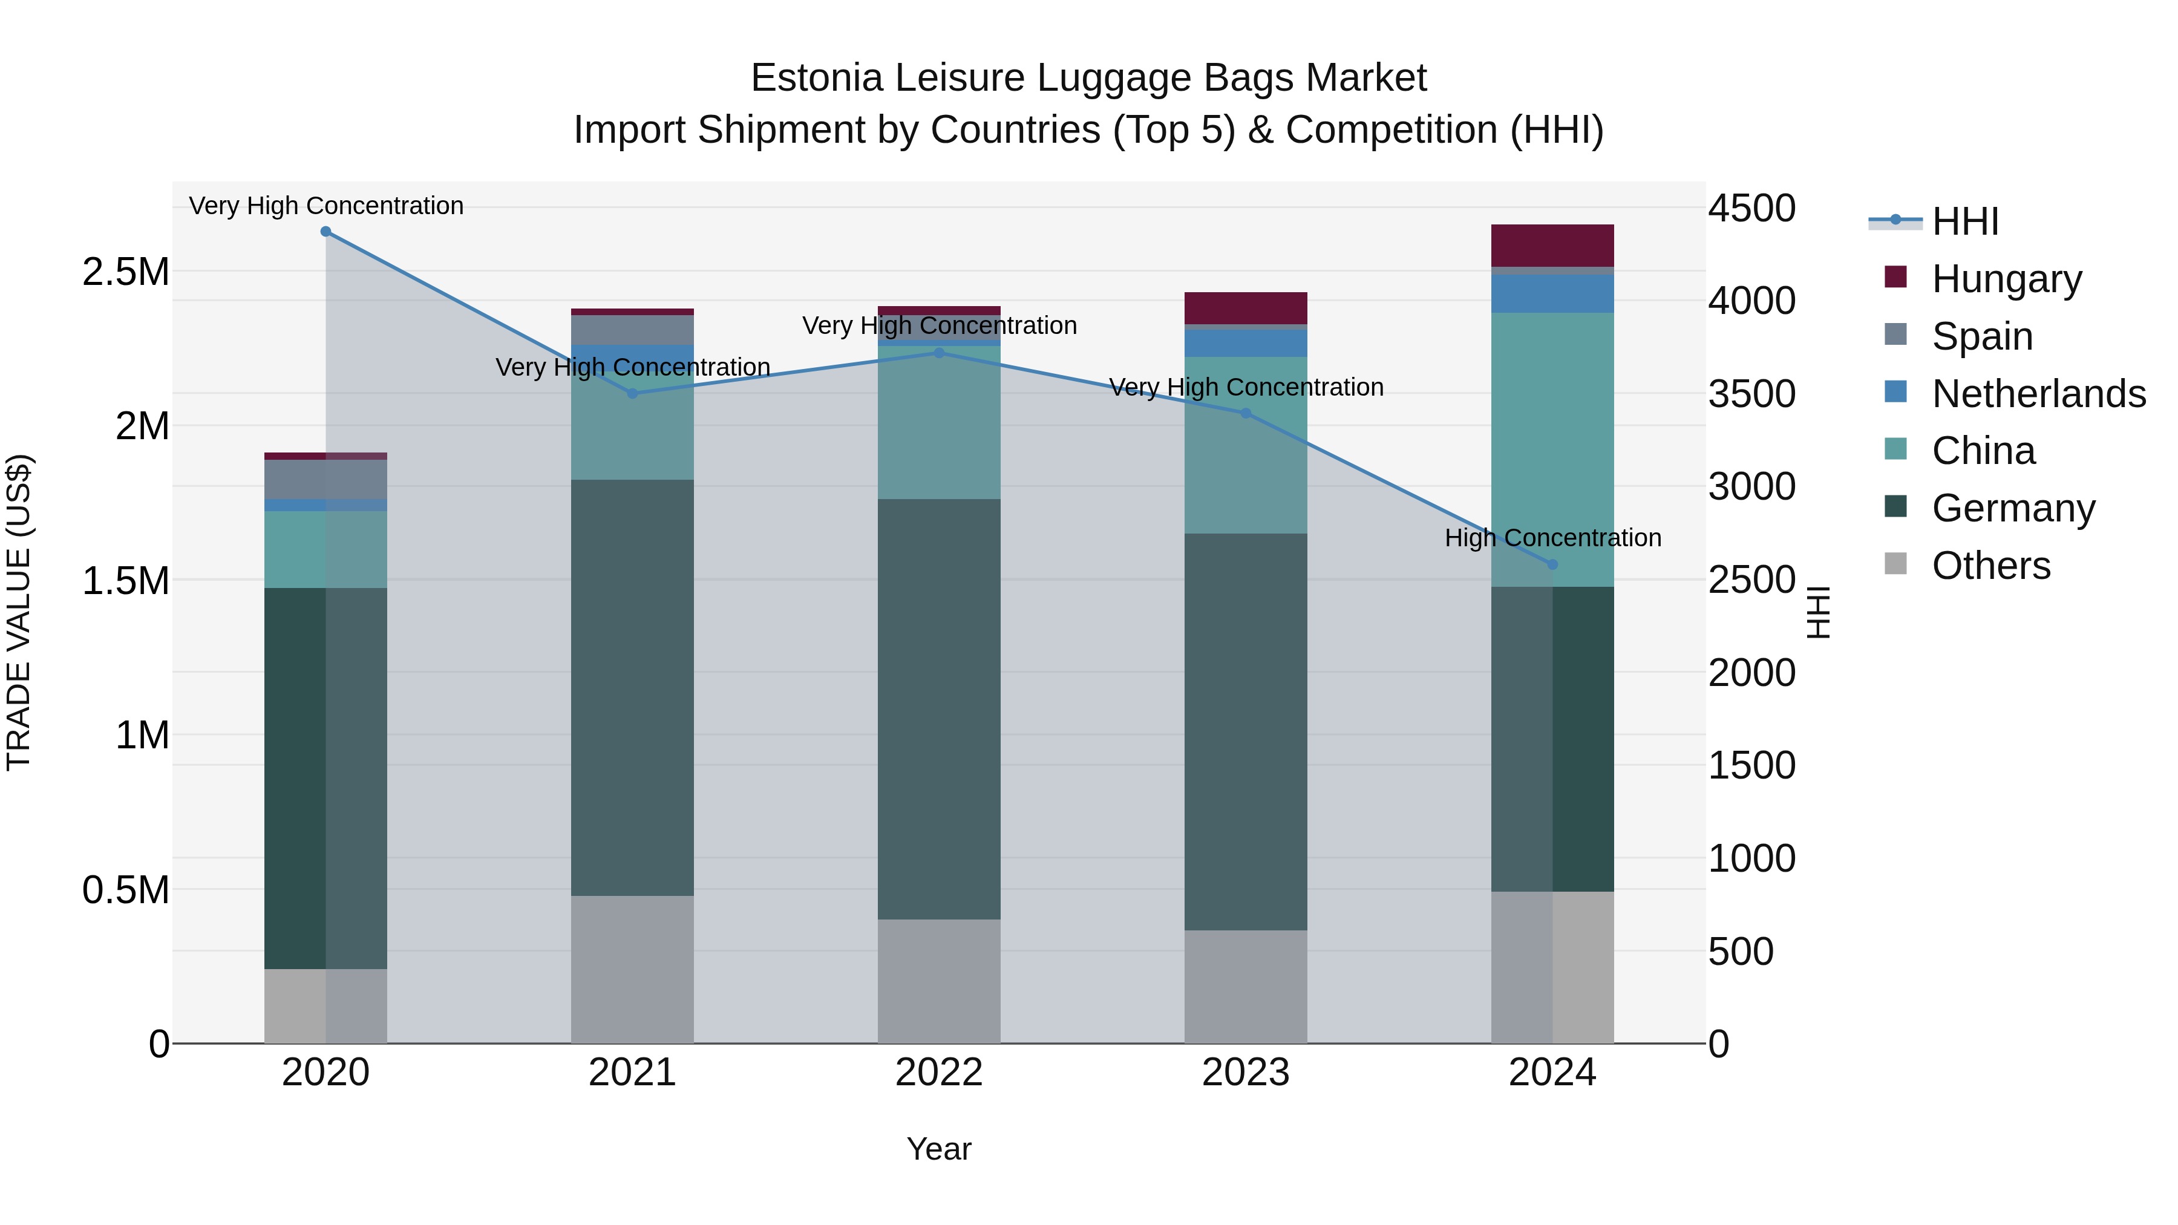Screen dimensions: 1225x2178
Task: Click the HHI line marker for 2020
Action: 325,232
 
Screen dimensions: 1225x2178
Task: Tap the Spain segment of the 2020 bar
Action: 325,479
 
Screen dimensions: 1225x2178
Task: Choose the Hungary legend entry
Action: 2006,279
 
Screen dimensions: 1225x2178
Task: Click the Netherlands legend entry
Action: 2038,394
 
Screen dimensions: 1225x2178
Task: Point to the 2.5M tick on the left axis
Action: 125,272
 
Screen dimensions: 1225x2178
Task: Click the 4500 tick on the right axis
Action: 1752,208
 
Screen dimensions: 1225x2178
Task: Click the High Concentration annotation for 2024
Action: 1552,538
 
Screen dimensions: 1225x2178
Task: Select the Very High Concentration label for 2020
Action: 325,206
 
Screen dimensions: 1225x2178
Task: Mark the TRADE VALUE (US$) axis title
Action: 19,612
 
